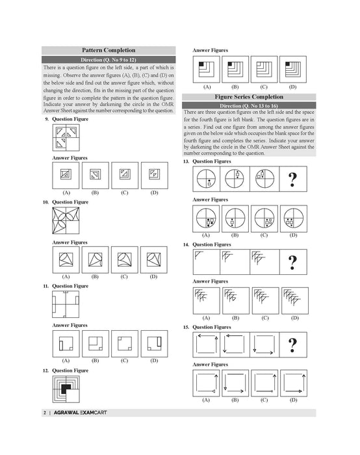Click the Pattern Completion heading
(109, 50)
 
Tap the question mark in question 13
(292, 178)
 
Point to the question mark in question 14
(292, 261)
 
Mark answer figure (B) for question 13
(235, 218)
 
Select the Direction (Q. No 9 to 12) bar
(109, 60)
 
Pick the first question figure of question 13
(207, 178)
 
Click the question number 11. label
(46, 286)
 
